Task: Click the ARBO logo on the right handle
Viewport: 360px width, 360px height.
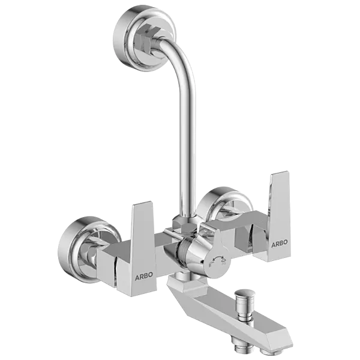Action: click(x=279, y=242)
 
